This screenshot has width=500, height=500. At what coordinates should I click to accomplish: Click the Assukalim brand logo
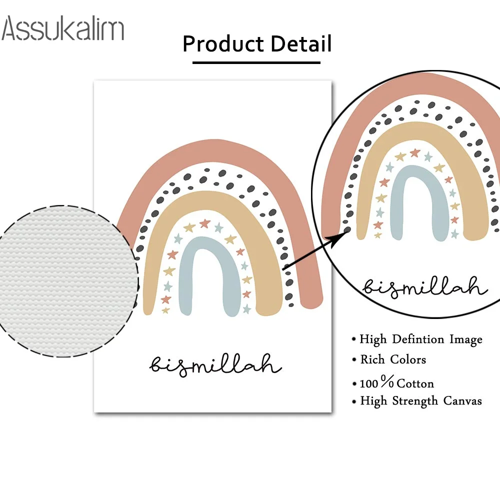[x=63, y=28]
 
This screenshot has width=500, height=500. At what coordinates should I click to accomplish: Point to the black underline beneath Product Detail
[x=256, y=62]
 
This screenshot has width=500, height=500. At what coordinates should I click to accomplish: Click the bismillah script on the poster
[x=215, y=364]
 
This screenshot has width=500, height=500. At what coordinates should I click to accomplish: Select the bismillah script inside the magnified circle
[x=424, y=287]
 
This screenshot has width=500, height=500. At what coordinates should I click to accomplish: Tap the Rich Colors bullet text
[x=393, y=359]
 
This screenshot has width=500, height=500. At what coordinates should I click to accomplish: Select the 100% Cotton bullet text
[x=396, y=383]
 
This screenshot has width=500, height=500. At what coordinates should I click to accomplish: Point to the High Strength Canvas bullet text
[x=421, y=400]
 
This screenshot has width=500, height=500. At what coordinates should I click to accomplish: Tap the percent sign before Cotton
[x=387, y=383]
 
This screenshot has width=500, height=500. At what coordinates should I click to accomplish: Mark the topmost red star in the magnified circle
[x=414, y=152]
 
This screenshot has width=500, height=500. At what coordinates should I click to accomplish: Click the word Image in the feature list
[x=465, y=339]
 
